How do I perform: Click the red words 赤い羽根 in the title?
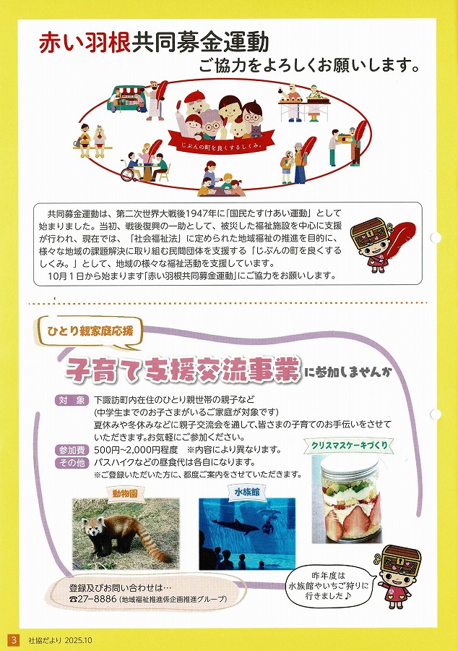(85, 43)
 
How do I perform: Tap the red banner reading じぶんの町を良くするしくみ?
(221, 141)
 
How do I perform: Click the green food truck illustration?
(126, 99)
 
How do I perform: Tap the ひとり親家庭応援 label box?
(90, 332)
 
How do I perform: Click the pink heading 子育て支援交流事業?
(183, 369)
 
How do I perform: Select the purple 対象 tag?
(72, 400)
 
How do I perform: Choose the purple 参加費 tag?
(72, 450)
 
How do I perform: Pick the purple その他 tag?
(72, 462)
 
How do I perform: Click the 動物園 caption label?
(125, 493)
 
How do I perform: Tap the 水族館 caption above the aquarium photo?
(247, 492)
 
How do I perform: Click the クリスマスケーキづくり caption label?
(350, 446)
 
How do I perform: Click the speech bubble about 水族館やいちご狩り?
(328, 586)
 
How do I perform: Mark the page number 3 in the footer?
(14, 640)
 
